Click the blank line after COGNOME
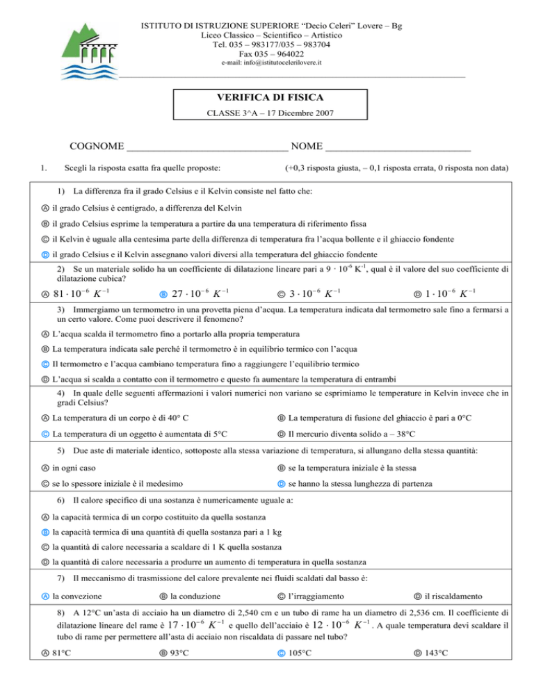click(x=207, y=148)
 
